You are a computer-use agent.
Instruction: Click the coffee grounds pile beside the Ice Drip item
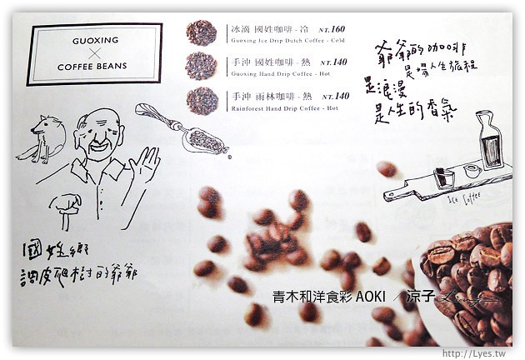[201, 32]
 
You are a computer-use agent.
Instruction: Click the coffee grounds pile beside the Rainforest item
[201, 99]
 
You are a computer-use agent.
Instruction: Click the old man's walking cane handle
[66, 202]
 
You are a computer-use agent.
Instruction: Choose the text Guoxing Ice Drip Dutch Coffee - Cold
[283, 39]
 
